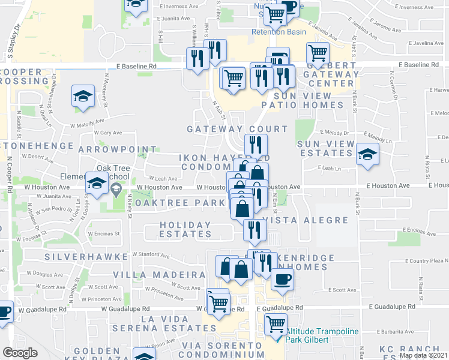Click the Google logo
pyautogui.click(x=20, y=353)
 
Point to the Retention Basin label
pyautogui.click(x=279, y=32)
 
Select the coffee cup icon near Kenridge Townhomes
pyautogui.click(x=282, y=280)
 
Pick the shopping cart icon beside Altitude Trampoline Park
pyautogui.click(x=276, y=324)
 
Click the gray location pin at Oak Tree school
pyautogui.click(x=116, y=190)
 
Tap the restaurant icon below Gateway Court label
pyautogui.click(x=256, y=145)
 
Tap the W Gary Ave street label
pyautogui.click(x=107, y=133)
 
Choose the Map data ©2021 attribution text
pyautogui.click(x=423, y=355)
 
